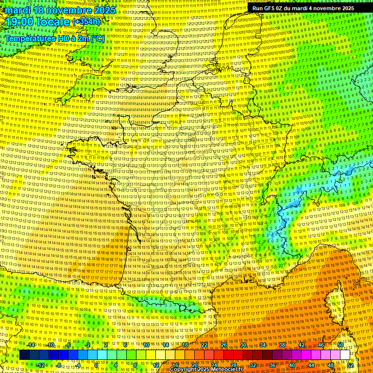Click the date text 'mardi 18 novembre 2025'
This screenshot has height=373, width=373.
[61, 10]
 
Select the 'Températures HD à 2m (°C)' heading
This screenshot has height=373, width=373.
[55, 38]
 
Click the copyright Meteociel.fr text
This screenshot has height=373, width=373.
[209, 370]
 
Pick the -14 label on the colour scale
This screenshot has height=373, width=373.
[31, 345]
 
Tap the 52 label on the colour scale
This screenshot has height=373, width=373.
[350, 365]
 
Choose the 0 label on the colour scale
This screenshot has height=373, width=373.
[97, 365]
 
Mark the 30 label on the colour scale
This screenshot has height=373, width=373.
[243, 345]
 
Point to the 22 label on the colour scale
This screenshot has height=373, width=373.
[204, 345]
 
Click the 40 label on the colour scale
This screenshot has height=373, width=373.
[292, 365]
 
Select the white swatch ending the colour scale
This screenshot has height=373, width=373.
[345, 355]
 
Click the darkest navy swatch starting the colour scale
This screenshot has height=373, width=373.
[25, 355]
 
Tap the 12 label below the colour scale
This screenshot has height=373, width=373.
[156, 365]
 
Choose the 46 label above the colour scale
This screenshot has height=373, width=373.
[321, 345]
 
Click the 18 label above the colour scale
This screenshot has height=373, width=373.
[185, 345]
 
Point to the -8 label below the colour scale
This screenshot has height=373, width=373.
[58, 365]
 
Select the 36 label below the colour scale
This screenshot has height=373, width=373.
[272, 365]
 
